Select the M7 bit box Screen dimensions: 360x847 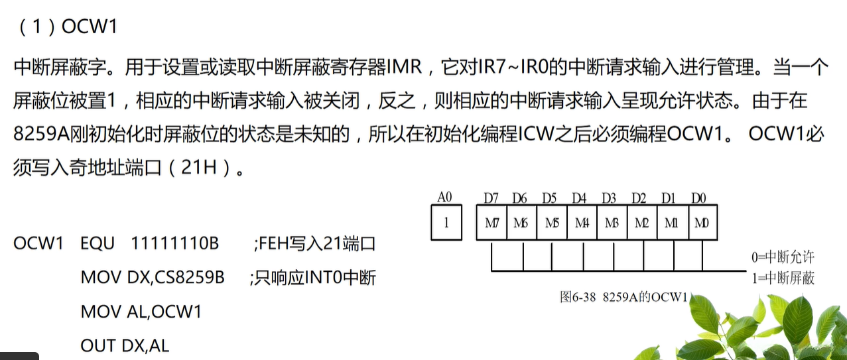[492, 223]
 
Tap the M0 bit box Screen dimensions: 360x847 [702, 223]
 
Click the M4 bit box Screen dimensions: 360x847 [582, 223]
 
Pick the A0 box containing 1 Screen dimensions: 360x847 [446, 223]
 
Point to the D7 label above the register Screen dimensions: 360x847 [491, 198]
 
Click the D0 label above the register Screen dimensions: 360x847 [699, 198]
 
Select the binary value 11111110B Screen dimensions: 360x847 [175, 243]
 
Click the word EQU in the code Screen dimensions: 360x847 [98, 243]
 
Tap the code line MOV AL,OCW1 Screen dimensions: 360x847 [141, 312]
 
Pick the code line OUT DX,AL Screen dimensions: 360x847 [125, 345]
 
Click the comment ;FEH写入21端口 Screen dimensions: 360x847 [314, 243]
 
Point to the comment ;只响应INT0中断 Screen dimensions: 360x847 [312, 277]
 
